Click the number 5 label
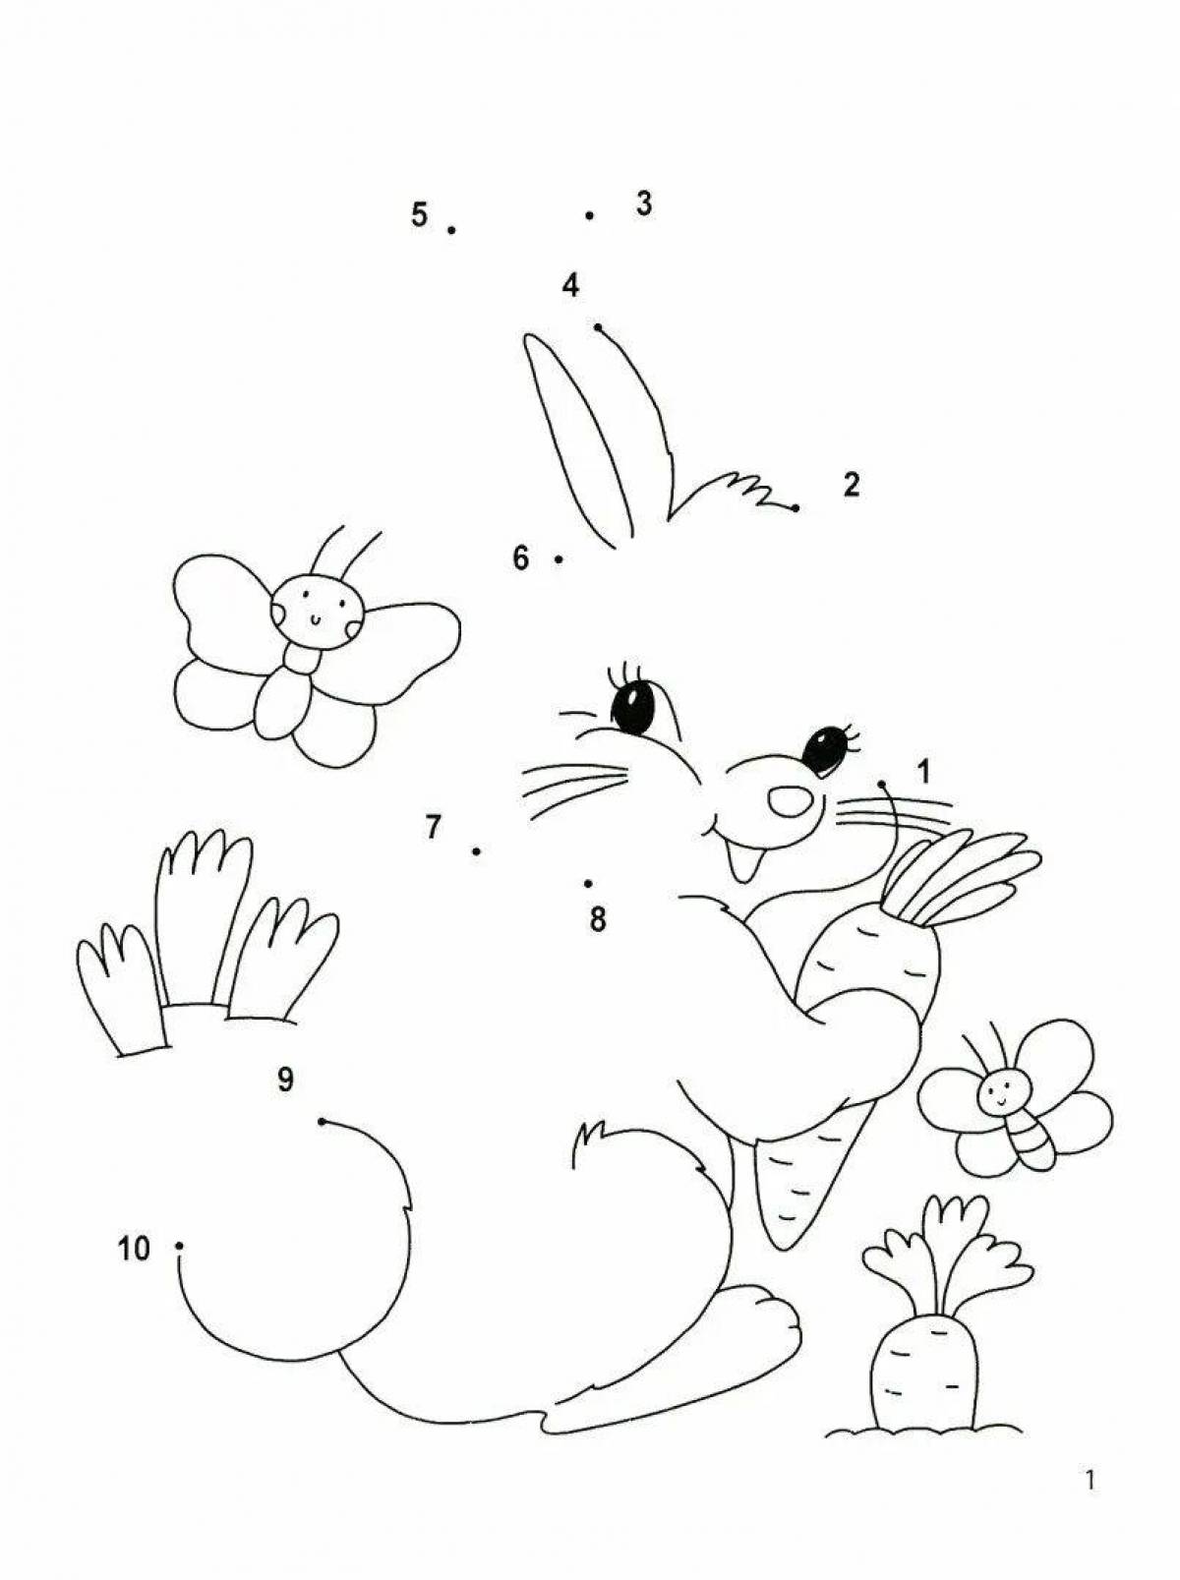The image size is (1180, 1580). pyautogui.click(x=419, y=214)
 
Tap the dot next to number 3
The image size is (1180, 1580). pyautogui.click(x=590, y=215)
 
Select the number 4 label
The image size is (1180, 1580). pyautogui.click(x=570, y=286)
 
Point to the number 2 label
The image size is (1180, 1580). pyautogui.click(x=851, y=485)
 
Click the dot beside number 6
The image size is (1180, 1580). pyautogui.click(x=559, y=558)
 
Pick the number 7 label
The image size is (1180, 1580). pyautogui.click(x=432, y=827)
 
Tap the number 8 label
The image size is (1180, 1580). pyautogui.click(x=598, y=919)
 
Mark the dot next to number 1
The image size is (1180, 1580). pyautogui.click(x=881, y=784)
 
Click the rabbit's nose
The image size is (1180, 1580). pyautogui.click(x=790, y=799)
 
